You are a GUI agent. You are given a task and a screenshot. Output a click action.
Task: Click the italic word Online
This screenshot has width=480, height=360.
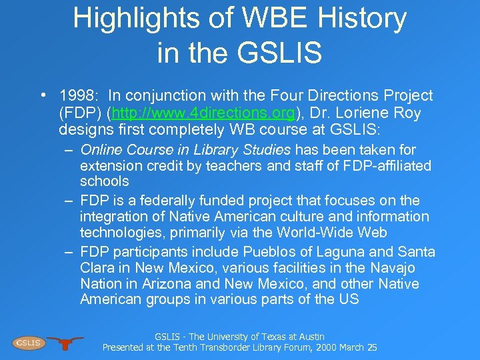[x=101, y=149]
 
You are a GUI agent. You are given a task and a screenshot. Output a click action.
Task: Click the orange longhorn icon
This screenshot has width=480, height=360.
[x=65, y=343]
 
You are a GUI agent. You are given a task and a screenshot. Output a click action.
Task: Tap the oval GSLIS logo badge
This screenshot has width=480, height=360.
[x=28, y=343]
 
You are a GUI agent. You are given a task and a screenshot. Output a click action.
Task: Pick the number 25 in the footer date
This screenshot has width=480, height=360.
[x=371, y=348]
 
